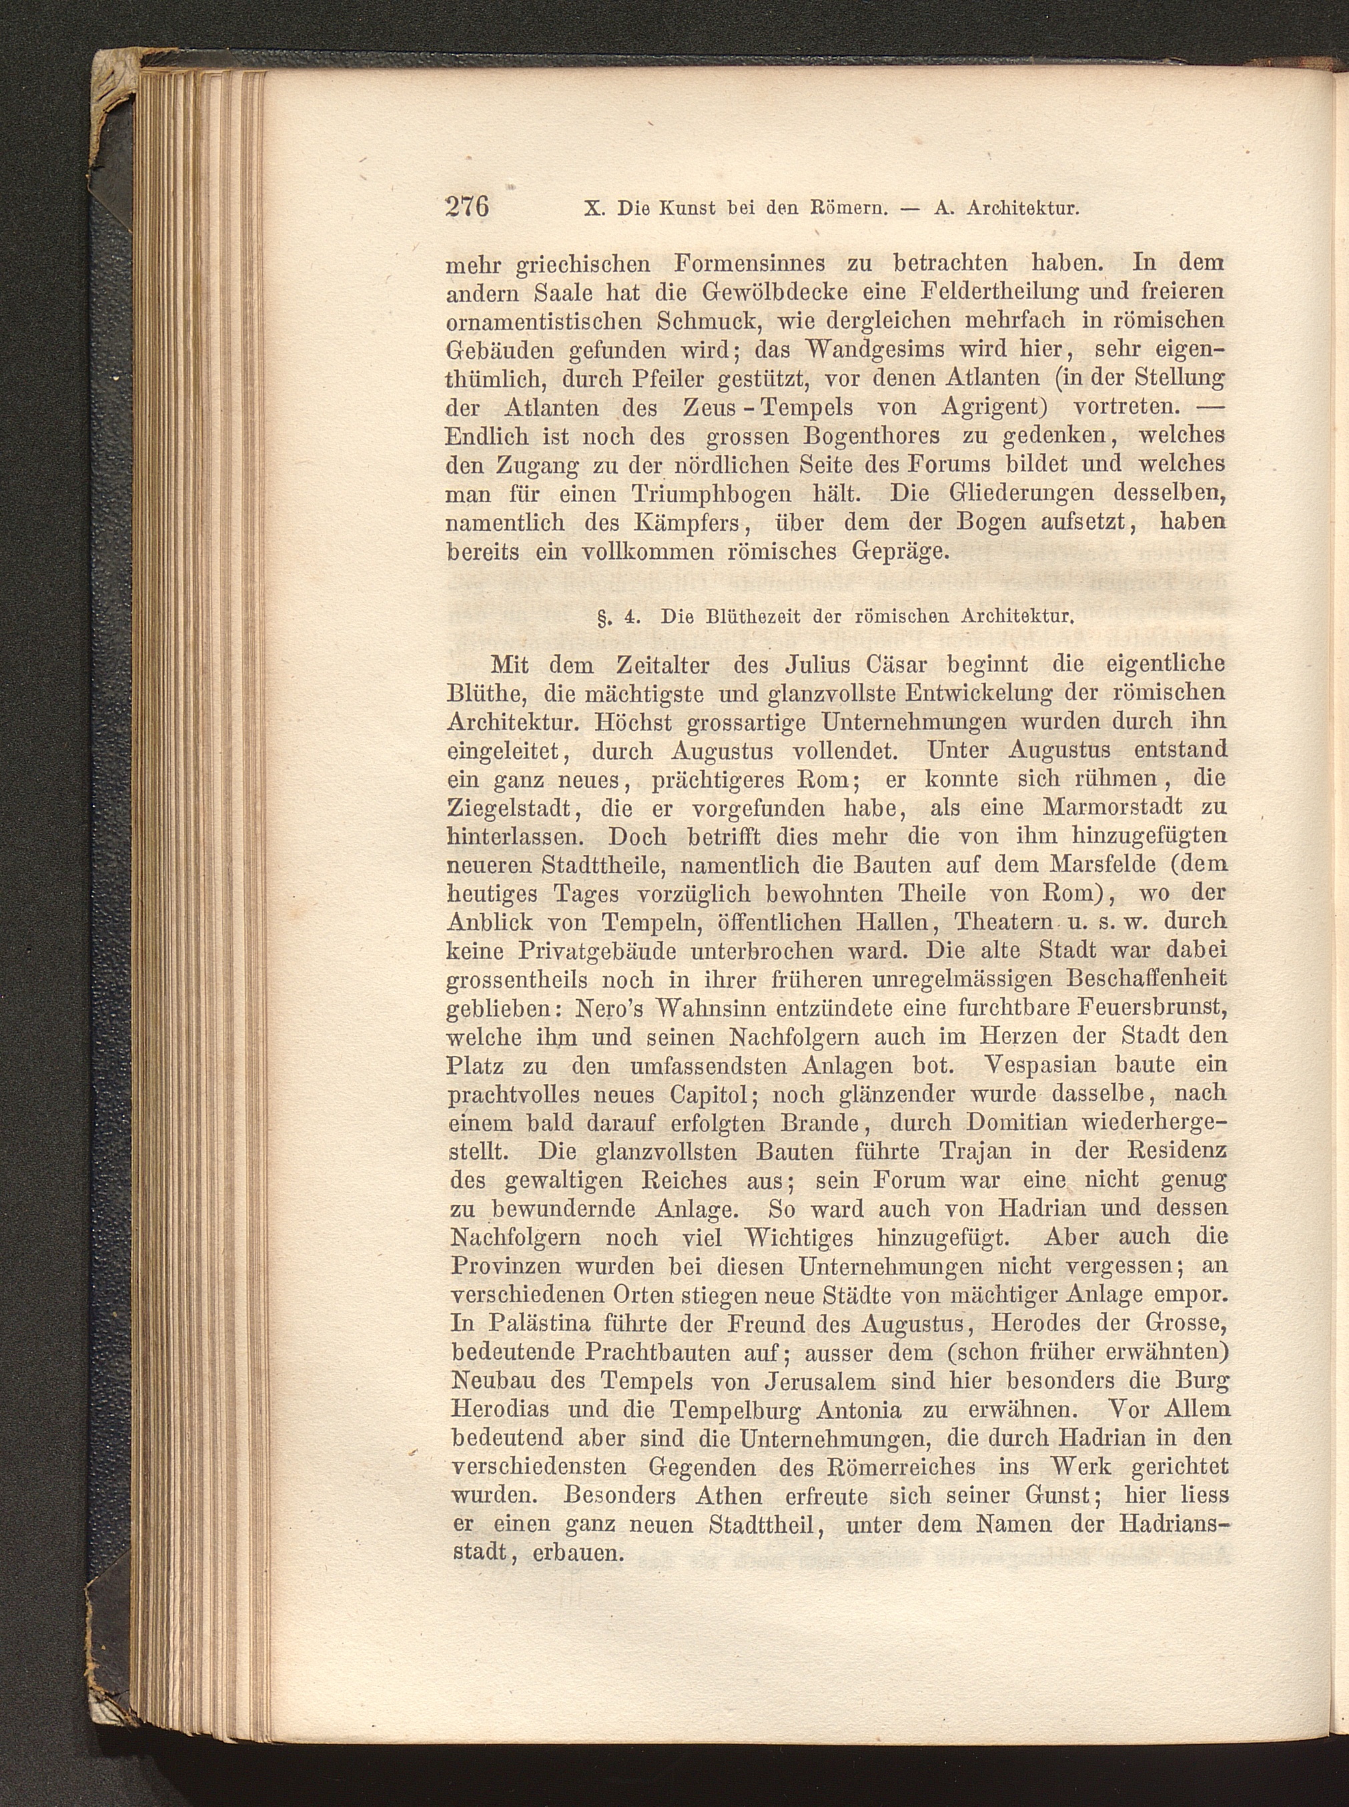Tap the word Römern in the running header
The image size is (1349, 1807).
[847, 208]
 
